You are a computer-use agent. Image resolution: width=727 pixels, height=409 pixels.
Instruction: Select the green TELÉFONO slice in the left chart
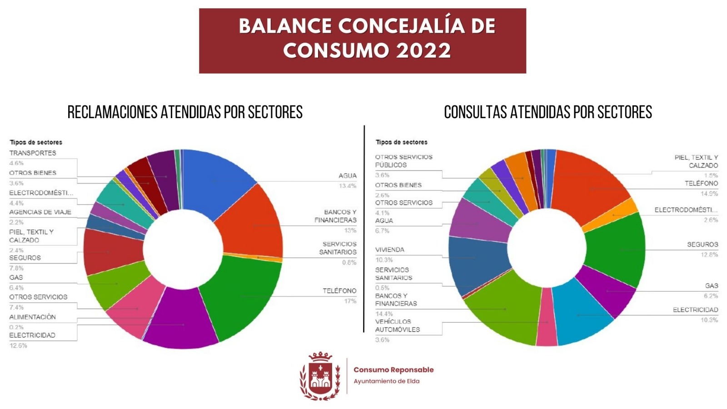click(241, 295)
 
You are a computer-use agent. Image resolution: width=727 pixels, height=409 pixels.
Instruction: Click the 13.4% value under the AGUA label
click(348, 186)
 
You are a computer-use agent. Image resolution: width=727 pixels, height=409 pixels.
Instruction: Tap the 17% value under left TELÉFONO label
click(350, 301)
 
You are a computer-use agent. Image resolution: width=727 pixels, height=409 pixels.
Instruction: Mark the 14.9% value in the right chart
click(709, 194)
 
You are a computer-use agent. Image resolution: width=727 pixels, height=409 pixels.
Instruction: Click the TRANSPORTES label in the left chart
click(33, 153)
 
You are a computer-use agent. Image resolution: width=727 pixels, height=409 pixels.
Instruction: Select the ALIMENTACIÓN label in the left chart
click(33, 317)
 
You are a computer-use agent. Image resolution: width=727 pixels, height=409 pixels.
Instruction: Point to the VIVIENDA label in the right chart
click(389, 249)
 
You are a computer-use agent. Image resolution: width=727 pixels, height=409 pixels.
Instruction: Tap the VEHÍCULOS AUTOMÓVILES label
click(398, 325)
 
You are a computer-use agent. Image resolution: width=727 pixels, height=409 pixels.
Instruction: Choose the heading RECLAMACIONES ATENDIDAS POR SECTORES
click(185, 112)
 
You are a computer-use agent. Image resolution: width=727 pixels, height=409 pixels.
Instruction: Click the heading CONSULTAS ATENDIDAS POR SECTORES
click(548, 112)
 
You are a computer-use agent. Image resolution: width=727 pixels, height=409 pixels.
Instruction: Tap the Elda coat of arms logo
click(320, 376)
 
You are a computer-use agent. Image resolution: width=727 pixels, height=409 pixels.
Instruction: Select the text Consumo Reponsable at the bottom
click(393, 370)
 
